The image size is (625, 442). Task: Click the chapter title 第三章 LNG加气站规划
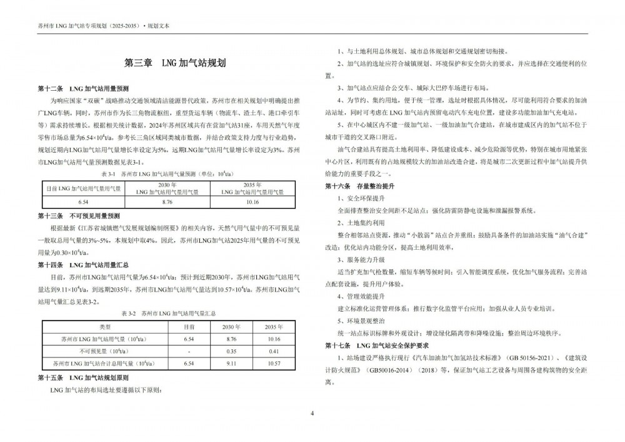pyautogui.click(x=175, y=64)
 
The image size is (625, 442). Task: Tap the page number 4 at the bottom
pyautogui.click(x=312, y=414)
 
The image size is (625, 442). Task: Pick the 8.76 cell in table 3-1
pyautogui.click(x=166, y=202)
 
